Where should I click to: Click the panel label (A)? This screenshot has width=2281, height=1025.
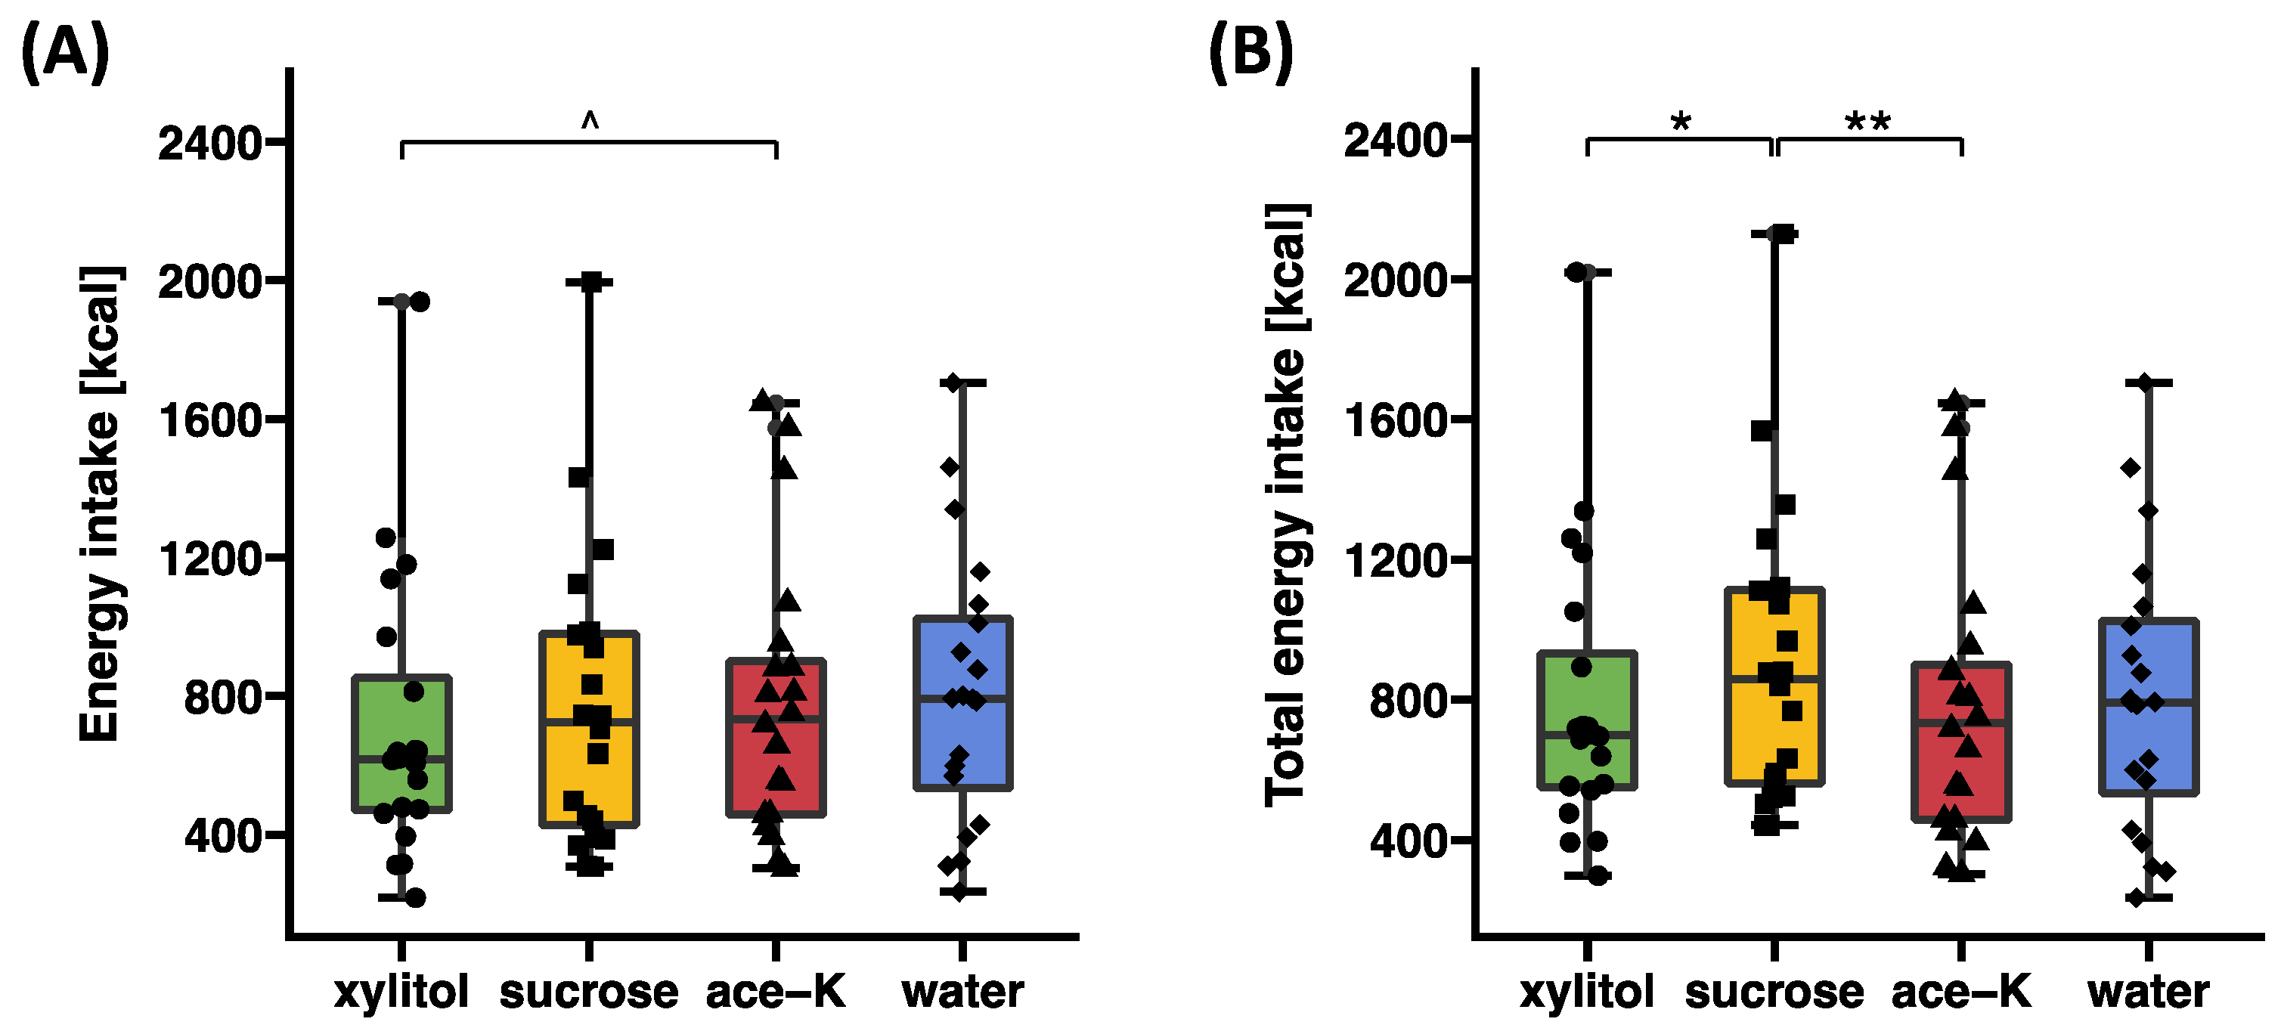(64, 53)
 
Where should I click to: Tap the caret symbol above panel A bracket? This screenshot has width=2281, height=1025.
(590, 120)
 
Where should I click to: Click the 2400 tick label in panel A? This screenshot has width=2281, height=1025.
(211, 144)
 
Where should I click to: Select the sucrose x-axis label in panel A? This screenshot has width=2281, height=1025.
(589, 992)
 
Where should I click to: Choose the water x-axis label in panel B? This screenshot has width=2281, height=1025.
(2148, 992)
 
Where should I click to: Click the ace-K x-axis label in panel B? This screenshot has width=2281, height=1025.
(1961, 992)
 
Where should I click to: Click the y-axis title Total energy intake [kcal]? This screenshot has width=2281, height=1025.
(1286, 504)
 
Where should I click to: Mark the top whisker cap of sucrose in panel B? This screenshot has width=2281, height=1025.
(1774, 234)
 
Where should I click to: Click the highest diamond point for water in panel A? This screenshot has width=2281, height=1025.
(953, 383)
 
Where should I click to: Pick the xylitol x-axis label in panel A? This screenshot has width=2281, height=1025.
(401, 992)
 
